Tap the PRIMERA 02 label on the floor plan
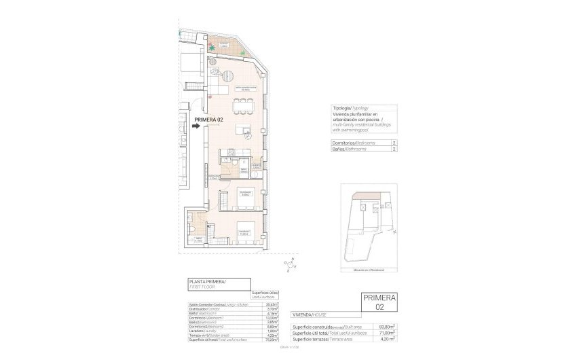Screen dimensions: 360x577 (x=208, y=120)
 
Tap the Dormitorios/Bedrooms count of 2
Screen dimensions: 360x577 (x=394, y=143)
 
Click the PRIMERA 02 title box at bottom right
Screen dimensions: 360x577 (x=381, y=302)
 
